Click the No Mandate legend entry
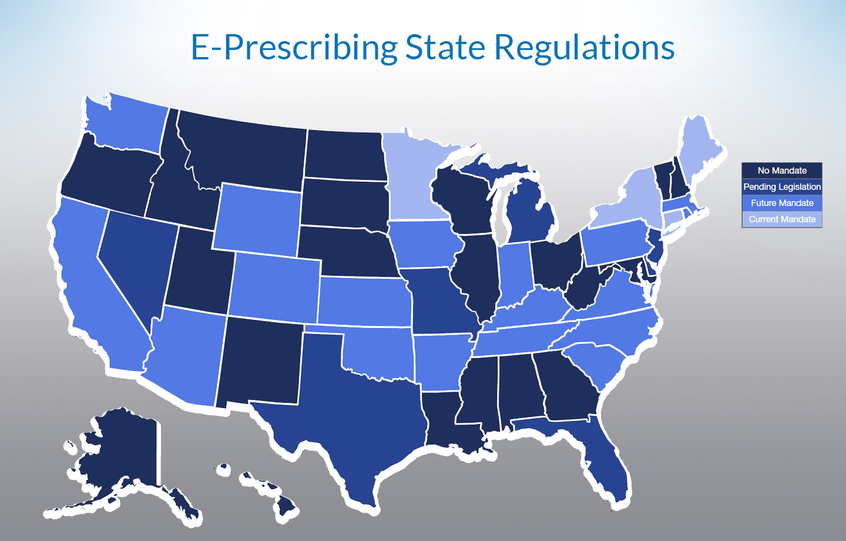[781, 171]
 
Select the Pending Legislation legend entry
[781, 187]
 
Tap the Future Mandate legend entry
[781, 203]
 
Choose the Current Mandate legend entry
[781, 219]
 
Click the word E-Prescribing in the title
[294, 47]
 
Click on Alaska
[123, 453]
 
